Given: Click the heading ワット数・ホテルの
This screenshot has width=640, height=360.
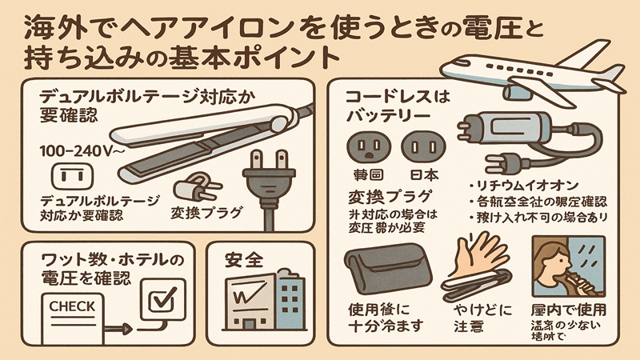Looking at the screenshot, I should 111,261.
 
